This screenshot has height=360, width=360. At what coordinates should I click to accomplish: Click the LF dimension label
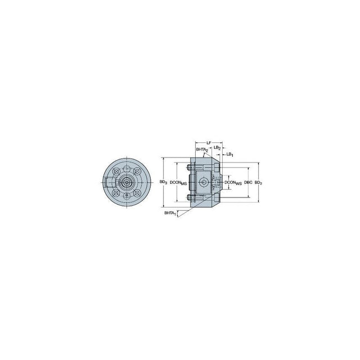click(x=209, y=142)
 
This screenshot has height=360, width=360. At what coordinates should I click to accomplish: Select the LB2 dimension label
click(x=217, y=148)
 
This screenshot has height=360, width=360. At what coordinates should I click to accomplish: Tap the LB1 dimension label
click(x=230, y=155)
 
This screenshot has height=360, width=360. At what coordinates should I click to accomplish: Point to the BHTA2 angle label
click(x=202, y=150)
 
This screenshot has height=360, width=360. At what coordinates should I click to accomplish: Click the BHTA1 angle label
click(x=170, y=213)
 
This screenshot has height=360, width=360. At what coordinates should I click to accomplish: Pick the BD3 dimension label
click(x=164, y=182)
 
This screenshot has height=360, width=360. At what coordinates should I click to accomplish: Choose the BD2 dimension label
click(x=258, y=183)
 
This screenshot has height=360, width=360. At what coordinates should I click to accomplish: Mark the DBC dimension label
click(x=248, y=182)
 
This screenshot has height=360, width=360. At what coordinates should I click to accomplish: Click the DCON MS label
click(x=178, y=183)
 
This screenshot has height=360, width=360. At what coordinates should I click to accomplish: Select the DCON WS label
click(x=233, y=183)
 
